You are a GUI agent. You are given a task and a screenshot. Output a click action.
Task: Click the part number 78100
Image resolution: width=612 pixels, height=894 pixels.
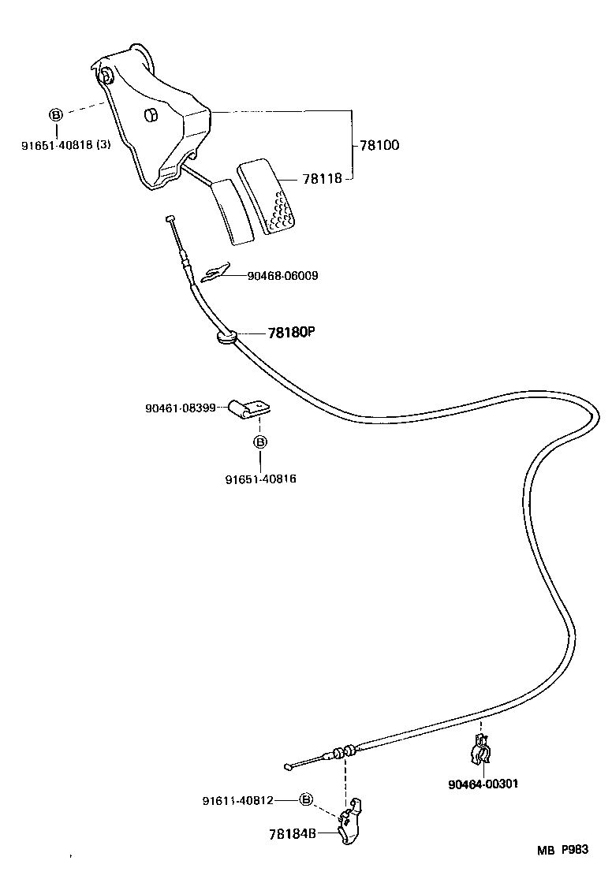point(379,145)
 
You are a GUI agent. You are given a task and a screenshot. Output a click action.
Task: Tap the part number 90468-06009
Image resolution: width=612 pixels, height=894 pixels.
point(282,276)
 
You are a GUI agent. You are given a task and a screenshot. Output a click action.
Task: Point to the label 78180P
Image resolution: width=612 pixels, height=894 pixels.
point(291,333)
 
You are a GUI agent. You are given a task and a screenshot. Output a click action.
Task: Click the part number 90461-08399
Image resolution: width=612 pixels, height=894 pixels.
point(181,408)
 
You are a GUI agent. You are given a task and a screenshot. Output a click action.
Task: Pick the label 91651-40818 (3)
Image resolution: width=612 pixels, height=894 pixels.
point(65,145)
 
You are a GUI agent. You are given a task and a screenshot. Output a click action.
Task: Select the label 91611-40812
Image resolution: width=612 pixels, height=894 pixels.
point(237,800)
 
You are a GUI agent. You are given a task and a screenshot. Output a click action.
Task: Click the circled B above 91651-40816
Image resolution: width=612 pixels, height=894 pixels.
point(260,442)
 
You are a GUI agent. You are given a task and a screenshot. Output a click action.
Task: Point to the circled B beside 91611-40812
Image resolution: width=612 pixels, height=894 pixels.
point(306,800)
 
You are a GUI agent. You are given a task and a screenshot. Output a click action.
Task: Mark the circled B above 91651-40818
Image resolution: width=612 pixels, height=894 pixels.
point(56,115)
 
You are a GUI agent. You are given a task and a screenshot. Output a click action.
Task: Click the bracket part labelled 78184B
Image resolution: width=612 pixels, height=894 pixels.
point(351,821)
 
